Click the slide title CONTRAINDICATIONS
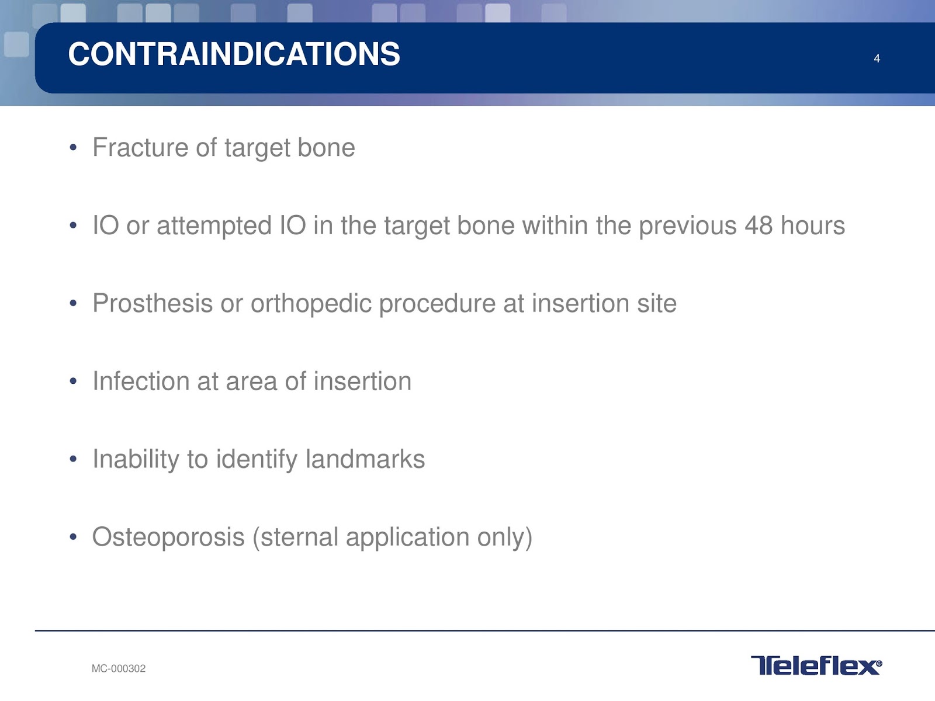234,54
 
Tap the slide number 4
877,59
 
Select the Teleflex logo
816,665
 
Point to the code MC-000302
119,669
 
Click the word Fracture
140,147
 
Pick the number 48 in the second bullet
758,225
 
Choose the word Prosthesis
153,303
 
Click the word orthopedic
311,304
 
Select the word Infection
141,381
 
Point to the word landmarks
365,459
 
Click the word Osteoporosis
168,537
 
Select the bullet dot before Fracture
73,148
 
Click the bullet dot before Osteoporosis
73,537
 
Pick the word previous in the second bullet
687,226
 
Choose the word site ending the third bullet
657,303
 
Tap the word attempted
214,226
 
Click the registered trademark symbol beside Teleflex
879,662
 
